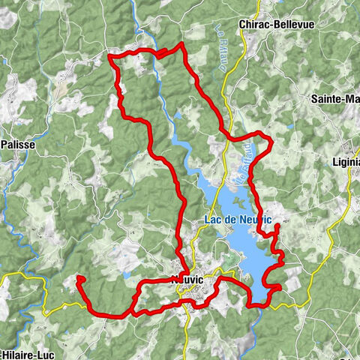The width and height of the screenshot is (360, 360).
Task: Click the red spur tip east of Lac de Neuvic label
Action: point(277,225)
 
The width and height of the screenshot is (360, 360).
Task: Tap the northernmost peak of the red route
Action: point(181,44)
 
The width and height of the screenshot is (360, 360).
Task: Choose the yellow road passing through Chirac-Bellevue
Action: point(258,15)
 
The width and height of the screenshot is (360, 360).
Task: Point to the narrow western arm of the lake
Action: point(180,142)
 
